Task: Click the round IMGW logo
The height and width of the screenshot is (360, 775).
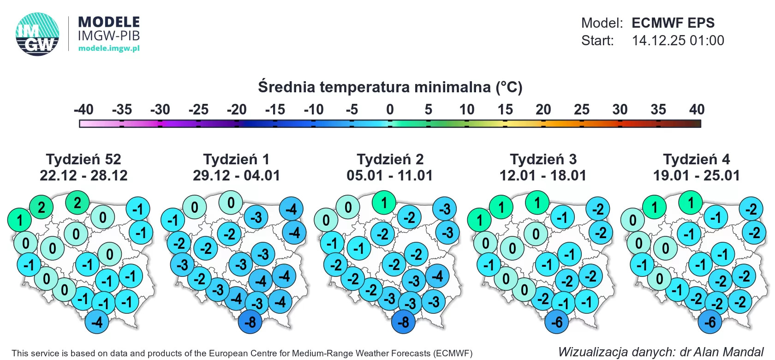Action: [37, 34]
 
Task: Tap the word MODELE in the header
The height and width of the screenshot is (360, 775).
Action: [109, 22]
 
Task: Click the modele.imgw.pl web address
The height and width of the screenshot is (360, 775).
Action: [109, 48]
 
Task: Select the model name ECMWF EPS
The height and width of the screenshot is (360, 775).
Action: [673, 23]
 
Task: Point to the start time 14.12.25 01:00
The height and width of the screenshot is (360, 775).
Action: [678, 41]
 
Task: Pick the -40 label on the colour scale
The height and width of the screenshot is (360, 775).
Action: [83, 109]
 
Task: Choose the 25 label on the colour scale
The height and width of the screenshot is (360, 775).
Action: [582, 109]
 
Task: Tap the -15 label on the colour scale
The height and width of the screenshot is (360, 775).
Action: [275, 109]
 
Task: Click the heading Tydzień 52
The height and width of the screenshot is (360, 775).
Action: [83, 159]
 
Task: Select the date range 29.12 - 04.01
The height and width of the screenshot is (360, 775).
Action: [236, 175]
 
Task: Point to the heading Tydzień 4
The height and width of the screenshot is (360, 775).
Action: [697, 159]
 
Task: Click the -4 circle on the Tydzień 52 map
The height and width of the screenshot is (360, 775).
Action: [97, 322]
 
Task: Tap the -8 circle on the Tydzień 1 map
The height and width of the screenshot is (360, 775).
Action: [250, 322]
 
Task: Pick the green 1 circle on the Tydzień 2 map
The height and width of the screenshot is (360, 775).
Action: [384, 203]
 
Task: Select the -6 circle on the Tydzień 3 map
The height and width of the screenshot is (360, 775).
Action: [557, 322]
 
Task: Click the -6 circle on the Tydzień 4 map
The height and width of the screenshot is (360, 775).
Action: [710, 322]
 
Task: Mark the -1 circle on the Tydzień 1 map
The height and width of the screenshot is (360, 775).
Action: [173, 220]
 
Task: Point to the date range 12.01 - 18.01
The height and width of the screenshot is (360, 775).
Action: [543, 175]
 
